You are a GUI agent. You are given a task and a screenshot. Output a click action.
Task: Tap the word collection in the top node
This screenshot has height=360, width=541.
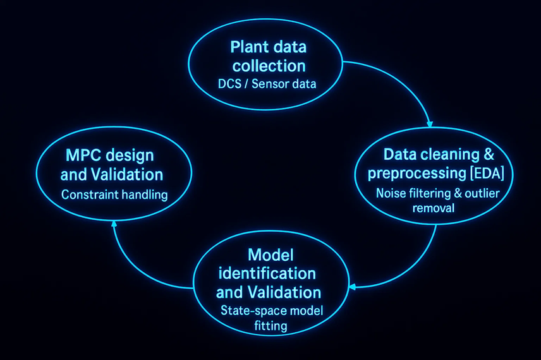tap(269, 66)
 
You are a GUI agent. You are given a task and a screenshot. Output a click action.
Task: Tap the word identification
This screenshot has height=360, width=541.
tap(268, 273)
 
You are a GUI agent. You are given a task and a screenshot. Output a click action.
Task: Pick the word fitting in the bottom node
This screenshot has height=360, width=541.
tap(268, 326)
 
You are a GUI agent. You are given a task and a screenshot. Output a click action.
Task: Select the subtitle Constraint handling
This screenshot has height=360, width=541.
tap(114, 195)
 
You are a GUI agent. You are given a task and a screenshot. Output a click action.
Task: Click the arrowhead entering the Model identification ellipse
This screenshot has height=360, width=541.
tap(352, 287)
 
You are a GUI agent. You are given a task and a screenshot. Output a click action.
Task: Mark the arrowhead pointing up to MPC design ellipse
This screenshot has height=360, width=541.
tap(113, 224)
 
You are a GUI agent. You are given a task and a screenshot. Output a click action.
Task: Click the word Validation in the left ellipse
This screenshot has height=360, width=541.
tap(130, 174)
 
